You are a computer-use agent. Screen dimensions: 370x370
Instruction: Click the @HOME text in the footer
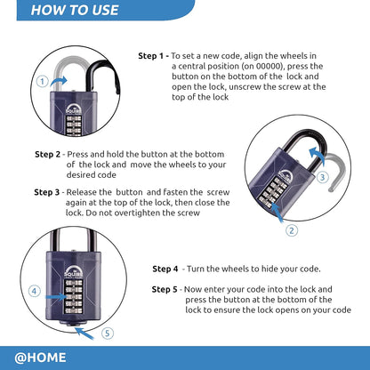tap(39, 358)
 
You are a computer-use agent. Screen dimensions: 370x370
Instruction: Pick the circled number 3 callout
tap(323, 176)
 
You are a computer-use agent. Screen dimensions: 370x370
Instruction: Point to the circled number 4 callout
tap(34, 290)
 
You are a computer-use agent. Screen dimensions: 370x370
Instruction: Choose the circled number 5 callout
tap(109, 334)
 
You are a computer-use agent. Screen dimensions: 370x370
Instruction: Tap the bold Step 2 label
tap(48, 154)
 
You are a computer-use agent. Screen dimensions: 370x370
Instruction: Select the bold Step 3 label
tap(48, 191)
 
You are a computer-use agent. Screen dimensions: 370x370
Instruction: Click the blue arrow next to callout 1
tap(60, 81)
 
